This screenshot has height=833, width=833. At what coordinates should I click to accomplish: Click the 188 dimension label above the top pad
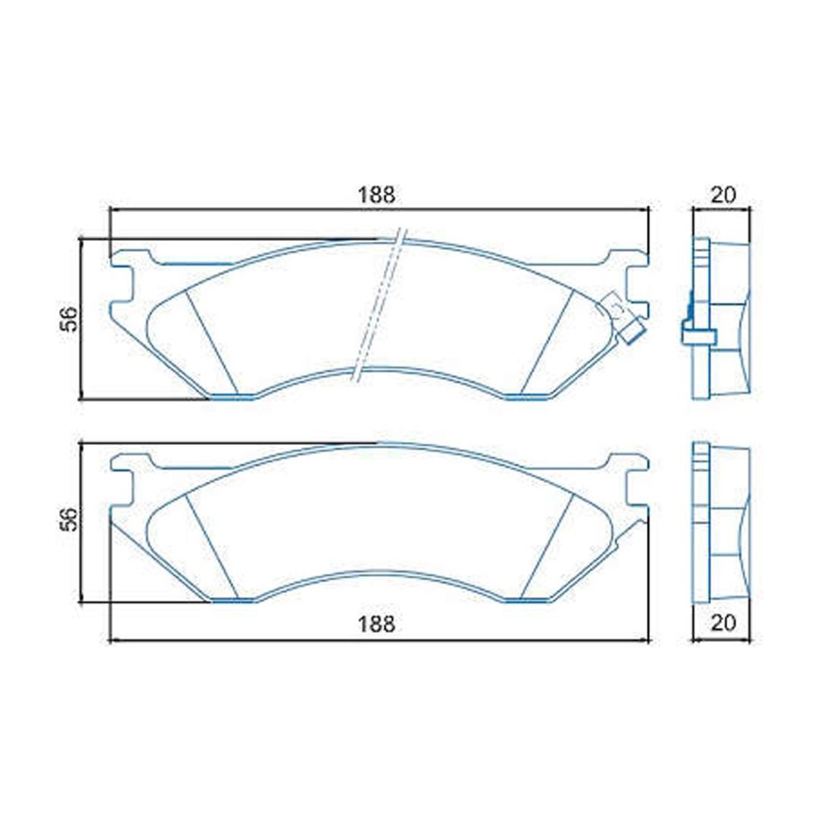coord(376,195)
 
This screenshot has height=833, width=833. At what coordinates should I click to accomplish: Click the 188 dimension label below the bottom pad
coord(376,624)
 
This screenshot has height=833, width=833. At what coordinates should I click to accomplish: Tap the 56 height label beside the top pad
coord(69,319)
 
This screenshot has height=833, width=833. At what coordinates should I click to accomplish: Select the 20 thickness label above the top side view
coord(723,195)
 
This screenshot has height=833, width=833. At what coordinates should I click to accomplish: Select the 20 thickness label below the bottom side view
coord(723,622)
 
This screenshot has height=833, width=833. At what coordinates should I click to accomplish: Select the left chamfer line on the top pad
coord(211,342)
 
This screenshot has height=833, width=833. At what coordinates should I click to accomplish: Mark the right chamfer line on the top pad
coord(548,342)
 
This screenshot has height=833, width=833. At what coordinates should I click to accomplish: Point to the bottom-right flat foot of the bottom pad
coord(526,601)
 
